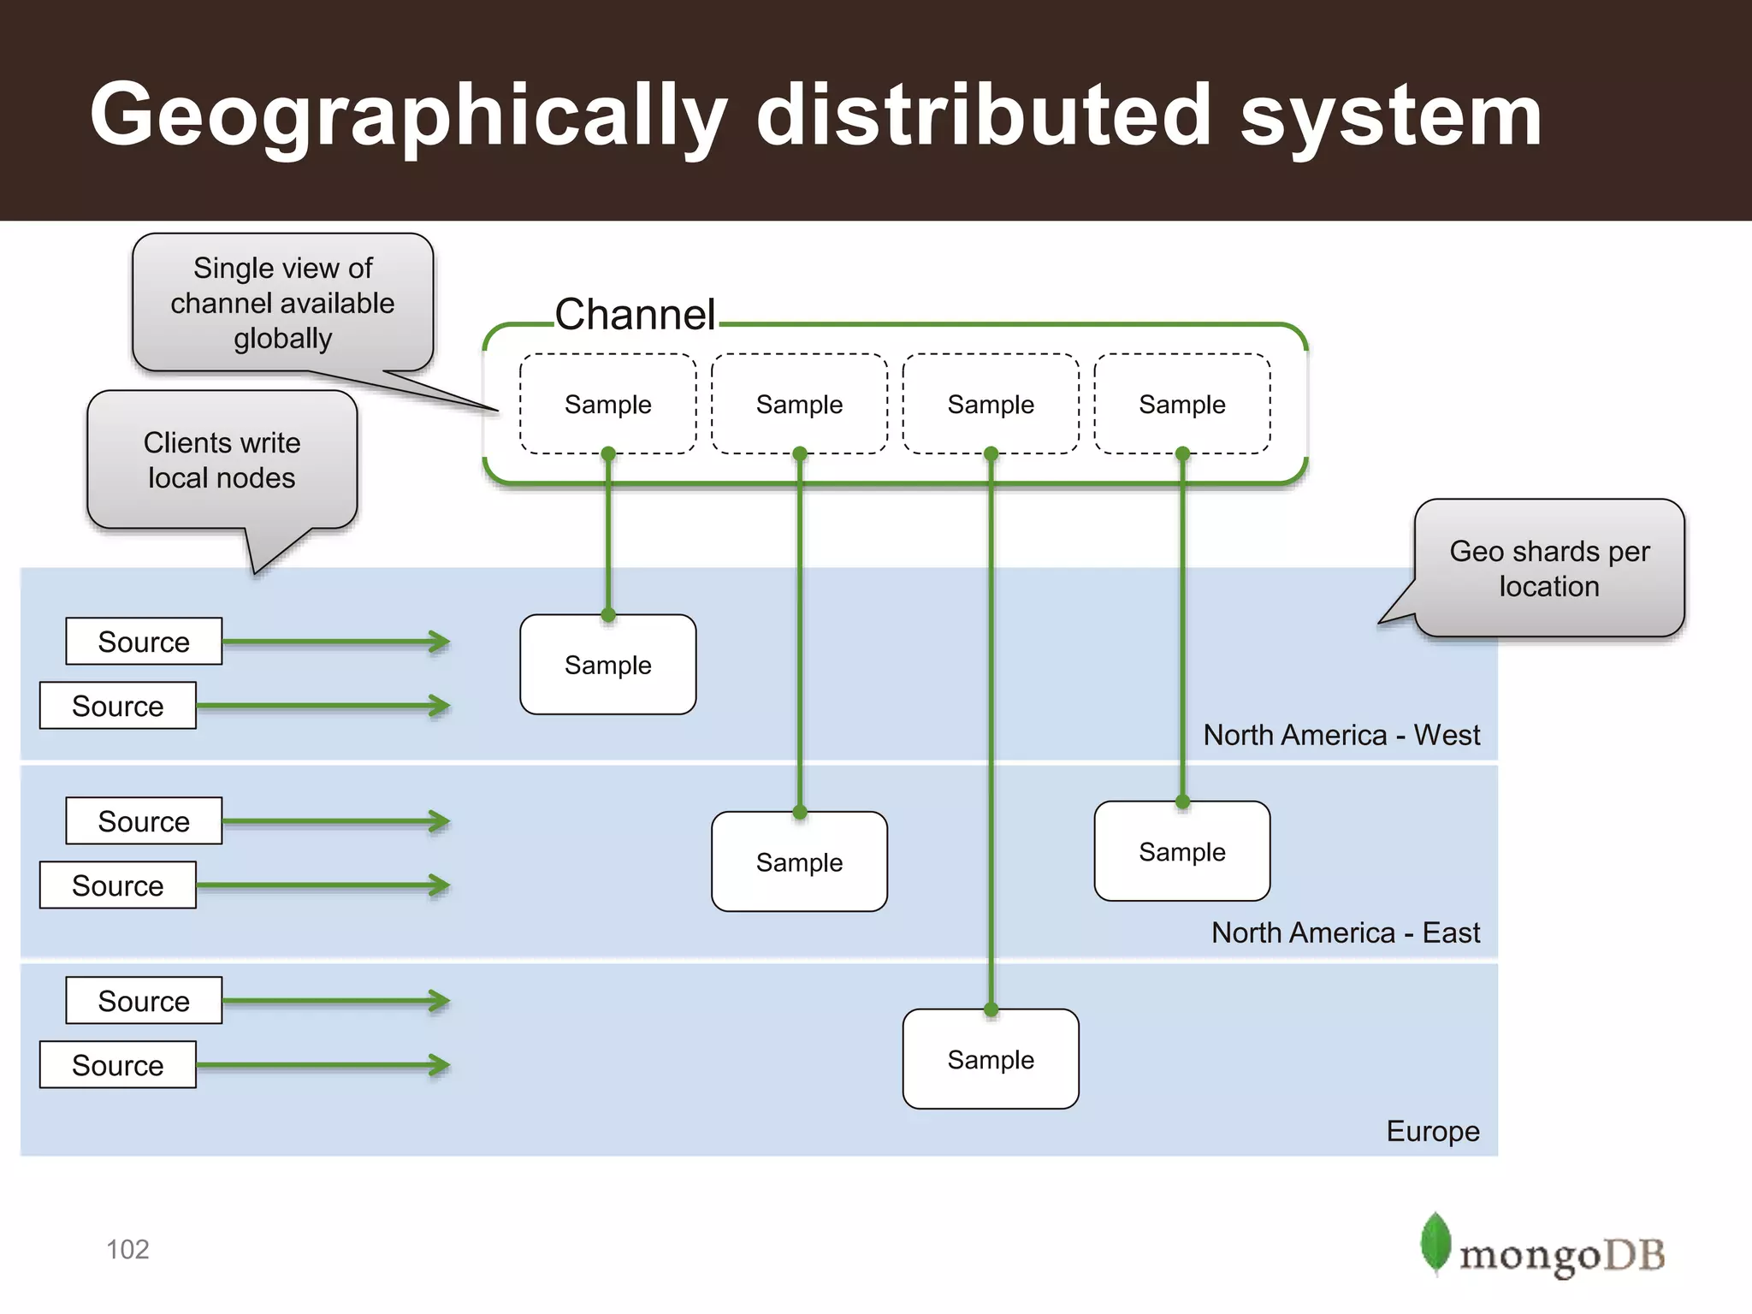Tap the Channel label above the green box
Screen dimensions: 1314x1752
(635, 314)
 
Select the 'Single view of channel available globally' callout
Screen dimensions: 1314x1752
(282, 303)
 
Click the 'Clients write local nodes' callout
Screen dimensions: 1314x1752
(222, 460)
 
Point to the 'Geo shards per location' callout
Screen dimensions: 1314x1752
(1549, 568)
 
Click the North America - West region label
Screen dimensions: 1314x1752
(1341, 735)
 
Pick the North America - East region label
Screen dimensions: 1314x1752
(1345, 932)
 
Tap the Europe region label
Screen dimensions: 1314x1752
(1432, 1131)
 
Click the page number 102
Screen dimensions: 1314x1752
(127, 1249)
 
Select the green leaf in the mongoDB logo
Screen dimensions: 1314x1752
(1435, 1242)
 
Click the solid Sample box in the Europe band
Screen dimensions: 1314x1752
(991, 1059)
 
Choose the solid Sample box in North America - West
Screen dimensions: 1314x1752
(607, 665)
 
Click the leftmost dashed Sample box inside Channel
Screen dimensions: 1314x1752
(607, 404)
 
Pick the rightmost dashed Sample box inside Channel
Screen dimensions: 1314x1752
(1181, 404)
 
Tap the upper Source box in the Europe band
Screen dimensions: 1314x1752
(144, 1000)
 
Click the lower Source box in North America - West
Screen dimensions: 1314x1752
(118, 706)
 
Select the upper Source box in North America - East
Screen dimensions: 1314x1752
(144, 821)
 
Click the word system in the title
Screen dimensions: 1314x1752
(1390, 115)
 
